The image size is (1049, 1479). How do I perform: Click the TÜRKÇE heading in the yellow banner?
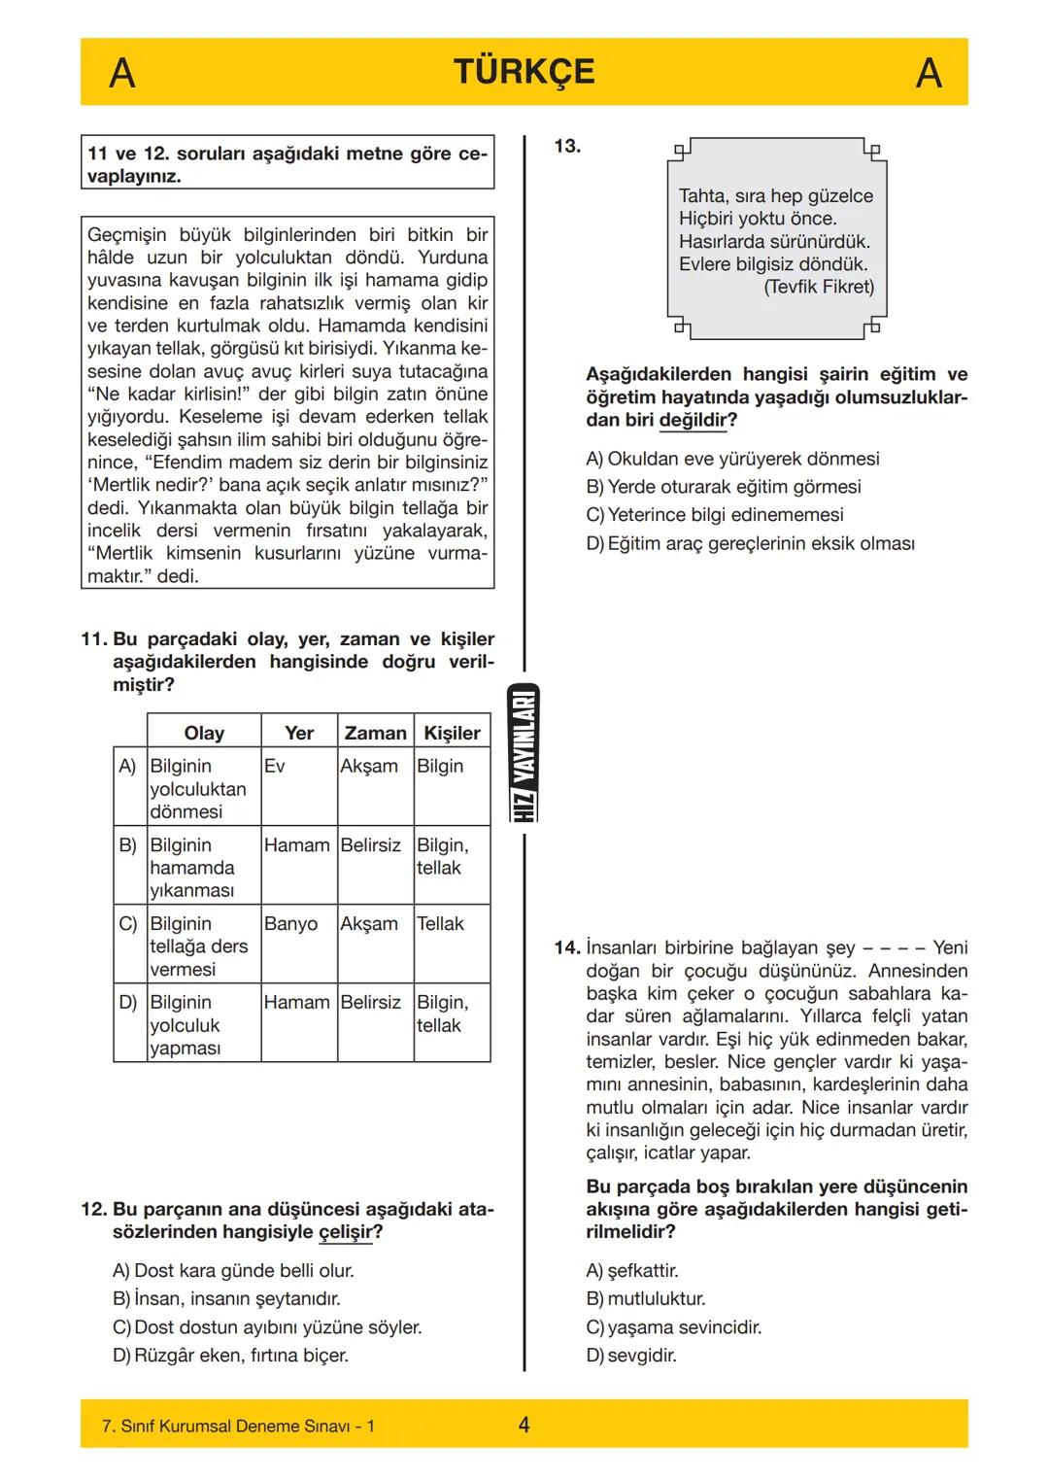pyautogui.click(x=524, y=72)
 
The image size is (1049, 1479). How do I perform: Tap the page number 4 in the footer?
pyautogui.click(x=524, y=1425)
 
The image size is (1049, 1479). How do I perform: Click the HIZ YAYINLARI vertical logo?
pyautogui.click(x=524, y=754)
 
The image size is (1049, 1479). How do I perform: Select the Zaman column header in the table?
pyautogui.click(x=375, y=733)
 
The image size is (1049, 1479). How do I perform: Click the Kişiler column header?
pyautogui.click(x=452, y=733)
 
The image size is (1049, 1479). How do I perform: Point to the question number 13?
pyautogui.click(x=567, y=146)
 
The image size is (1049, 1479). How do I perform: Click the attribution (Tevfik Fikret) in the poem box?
pyautogui.click(x=818, y=287)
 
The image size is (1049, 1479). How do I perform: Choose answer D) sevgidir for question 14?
pyautogui.click(x=631, y=1355)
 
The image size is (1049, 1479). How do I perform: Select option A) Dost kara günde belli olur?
pyautogui.click(x=233, y=1270)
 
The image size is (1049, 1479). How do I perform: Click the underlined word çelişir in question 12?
pyautogui.click(x=345, y=1232)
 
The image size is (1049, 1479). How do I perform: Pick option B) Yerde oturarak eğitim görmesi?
pyautogui.click(x=724, y=486)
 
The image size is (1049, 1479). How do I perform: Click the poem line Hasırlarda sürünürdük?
pyautogui.click(x=774, y=241)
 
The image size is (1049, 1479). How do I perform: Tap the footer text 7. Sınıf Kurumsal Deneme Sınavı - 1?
pyautogui.click(x=238, y=1426)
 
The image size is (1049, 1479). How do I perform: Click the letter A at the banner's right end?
pyautogui.click(x=929, y=73)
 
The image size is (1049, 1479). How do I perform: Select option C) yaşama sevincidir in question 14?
pyautogui.click(x=673, y=1326)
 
